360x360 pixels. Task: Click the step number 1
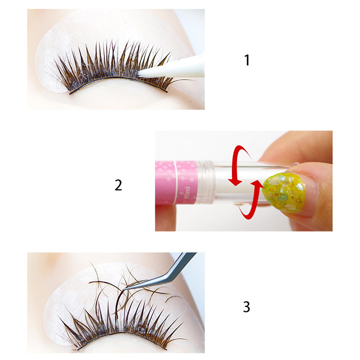[247, 60]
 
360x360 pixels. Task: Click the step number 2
[118, 185]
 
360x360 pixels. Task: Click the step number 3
[247, 306]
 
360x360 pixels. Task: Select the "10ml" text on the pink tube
[188, 193]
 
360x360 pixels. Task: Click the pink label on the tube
[176, 183]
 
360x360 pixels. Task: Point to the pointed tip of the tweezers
[124, 289]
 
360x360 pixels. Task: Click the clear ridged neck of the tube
[205, 183]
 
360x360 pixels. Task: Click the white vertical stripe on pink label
[175, 183]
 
